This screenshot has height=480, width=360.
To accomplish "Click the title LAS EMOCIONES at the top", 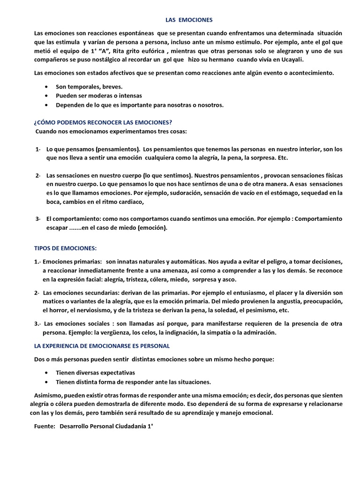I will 189,20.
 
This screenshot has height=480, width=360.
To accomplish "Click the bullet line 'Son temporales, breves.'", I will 89,87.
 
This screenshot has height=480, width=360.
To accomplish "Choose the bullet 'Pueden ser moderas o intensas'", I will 99,96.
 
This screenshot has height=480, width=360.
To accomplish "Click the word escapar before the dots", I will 57,228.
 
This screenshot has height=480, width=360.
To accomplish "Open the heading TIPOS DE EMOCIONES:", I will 66,248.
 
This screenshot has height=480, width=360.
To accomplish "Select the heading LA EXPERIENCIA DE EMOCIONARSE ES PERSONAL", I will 102,346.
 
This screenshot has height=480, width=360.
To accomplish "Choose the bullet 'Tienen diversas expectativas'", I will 95,373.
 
